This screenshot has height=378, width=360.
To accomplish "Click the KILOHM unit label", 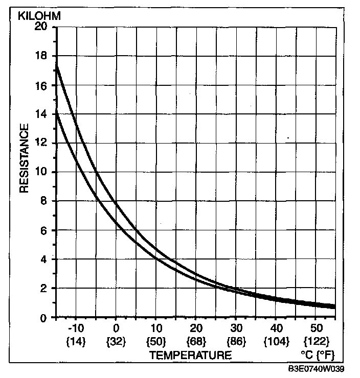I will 40,16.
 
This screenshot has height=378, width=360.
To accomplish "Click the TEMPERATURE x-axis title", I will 190,355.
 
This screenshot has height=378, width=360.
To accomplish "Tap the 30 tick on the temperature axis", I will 236,327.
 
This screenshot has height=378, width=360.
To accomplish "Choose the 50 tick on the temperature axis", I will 316,327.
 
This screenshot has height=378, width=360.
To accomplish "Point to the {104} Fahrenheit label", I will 276,340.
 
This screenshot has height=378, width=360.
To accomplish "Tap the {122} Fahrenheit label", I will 316,340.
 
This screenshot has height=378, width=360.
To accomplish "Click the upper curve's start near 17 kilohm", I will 57,66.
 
